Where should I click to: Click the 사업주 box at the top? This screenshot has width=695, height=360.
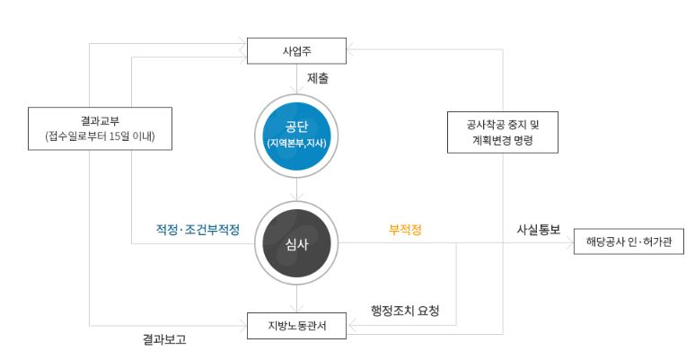pyautogui.click(x=296, y=49)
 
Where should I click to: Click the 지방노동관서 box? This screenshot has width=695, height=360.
pyautogui.click(x=296, y=324)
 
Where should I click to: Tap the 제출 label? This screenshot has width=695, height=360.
pyautogui.click(x=318, y=79)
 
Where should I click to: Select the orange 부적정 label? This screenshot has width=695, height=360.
pyautogui.click(x=405, y=230)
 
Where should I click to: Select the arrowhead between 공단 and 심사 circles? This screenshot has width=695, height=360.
pyautogui.click(x=296, y=197)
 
